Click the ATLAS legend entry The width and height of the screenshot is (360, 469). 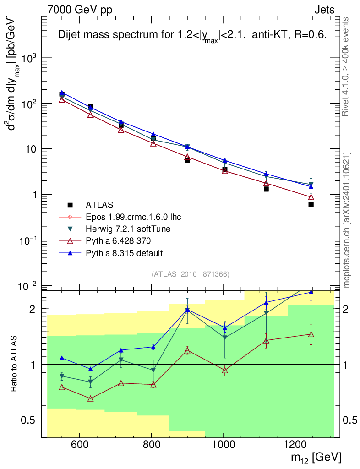99,205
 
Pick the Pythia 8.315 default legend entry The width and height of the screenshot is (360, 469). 124,253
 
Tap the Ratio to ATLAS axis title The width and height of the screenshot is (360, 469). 14,364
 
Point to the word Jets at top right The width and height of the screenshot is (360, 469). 324,10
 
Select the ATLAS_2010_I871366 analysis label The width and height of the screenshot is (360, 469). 191,274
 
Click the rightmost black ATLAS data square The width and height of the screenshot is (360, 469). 311,204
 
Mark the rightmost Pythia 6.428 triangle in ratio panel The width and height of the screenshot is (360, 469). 311,334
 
